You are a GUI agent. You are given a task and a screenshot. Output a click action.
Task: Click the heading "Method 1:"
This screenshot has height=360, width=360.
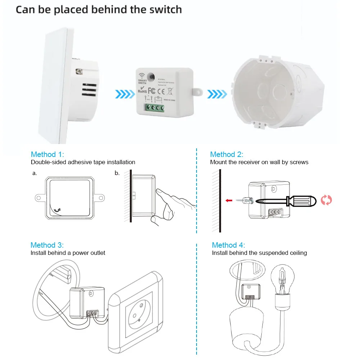pos(47,154)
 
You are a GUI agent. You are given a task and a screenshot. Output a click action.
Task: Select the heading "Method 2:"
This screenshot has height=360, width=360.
pos(226,154)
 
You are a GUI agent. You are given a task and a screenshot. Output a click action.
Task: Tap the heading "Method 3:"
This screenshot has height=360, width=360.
pos(47,245)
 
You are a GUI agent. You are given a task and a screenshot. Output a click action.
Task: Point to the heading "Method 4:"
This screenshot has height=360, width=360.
pos(228,245)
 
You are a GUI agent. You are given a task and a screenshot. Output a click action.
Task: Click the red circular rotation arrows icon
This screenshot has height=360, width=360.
pos(326,200)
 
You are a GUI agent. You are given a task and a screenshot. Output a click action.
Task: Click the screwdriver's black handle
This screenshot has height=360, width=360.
pos(301,201)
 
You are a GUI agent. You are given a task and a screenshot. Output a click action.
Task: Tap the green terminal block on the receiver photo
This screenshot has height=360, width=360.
pos(154,108)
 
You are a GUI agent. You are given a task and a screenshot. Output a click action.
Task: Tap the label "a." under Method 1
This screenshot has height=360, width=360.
pos(35,173)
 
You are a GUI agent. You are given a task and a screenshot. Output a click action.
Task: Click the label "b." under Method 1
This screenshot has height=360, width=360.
pos(117,173)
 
